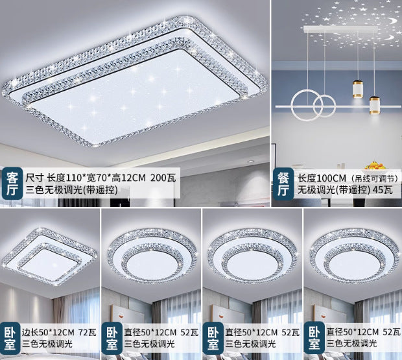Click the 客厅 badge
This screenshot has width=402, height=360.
pyautogui.click(x=12, y=183)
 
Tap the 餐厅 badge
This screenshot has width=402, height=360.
pyautogui.click(x=283, y=184)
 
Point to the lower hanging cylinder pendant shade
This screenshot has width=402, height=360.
pyautogui.click(x=375, y=105)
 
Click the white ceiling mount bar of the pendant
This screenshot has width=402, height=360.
pyautogui.click(x=337, y=29)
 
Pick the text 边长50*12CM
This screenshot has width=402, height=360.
pyautogui.click(x=49, y=331)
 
